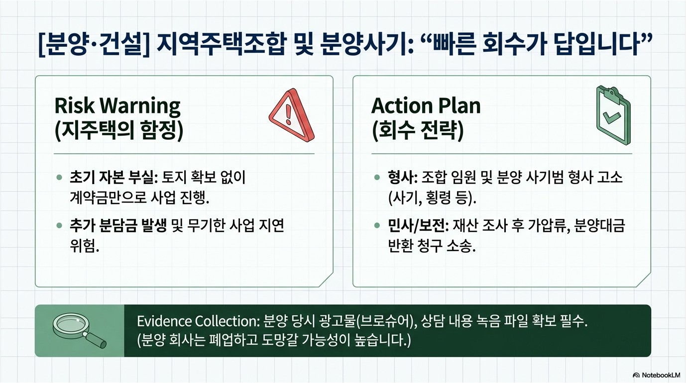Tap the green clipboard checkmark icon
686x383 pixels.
[612, 116]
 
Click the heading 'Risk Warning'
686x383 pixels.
[117, 105]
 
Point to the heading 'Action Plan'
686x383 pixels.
[426, 105]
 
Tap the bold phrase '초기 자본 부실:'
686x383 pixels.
[113, 178]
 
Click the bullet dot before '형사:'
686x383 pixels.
[377, 178]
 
